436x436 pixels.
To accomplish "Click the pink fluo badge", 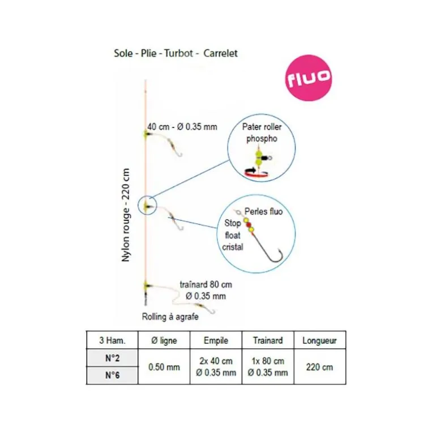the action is coord(309,78).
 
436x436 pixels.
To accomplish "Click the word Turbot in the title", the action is coord(178,53).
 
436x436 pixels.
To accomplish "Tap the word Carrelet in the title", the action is coord(220,53).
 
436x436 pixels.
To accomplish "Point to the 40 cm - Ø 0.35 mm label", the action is coord(182,127).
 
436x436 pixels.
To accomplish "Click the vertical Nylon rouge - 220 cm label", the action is coord(126,215).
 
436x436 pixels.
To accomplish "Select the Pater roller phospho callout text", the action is coord(262,132).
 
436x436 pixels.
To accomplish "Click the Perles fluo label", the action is coord(264,212).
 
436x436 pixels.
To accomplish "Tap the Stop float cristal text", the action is coord(233,235).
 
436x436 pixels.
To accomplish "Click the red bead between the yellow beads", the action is coord(249,225).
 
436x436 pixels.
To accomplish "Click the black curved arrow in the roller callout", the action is coord(250,170).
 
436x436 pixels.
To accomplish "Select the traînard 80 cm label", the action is coord(206,284).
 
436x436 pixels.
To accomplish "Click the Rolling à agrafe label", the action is coord(170,317).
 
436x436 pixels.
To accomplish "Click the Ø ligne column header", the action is coord(164,340).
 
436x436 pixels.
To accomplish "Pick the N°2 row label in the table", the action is coord(112,358).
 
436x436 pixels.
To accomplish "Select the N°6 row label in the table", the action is coord(112,375).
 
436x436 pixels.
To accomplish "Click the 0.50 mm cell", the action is coord(164,367).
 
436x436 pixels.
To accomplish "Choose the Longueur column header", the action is coord(319,341).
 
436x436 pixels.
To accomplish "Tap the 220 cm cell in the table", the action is coord(319,367).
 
